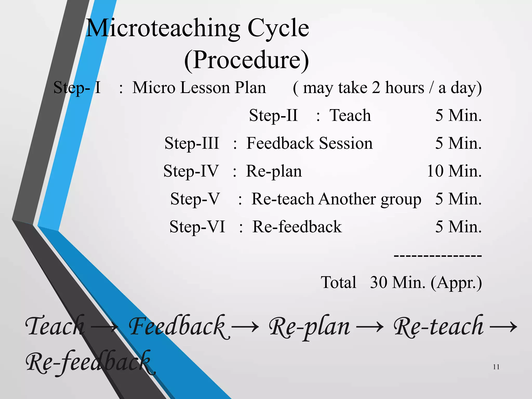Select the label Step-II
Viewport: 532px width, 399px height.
click(273, 115)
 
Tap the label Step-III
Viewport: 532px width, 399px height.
click(192, 143)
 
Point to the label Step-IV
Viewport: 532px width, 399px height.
click(191, 171)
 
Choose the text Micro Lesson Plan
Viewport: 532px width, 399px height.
click(199, 88)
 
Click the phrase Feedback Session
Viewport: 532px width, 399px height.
click(309, 143)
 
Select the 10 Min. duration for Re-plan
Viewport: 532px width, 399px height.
click(454, 171)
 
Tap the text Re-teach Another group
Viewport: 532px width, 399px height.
click(336, 199)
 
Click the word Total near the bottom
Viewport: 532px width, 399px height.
click(338, 282)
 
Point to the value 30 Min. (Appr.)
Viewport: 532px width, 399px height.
click(426, 282)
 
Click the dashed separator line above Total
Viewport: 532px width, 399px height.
click(438, 256)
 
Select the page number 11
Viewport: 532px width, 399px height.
click(496, 367)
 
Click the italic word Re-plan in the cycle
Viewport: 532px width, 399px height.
click(309, 327)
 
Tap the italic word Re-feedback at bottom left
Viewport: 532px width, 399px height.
click(88, 362)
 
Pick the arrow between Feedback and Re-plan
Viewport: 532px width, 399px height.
click(245, 327)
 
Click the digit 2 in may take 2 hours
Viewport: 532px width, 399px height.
click(376, 88)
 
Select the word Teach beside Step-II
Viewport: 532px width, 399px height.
click(350, 115)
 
